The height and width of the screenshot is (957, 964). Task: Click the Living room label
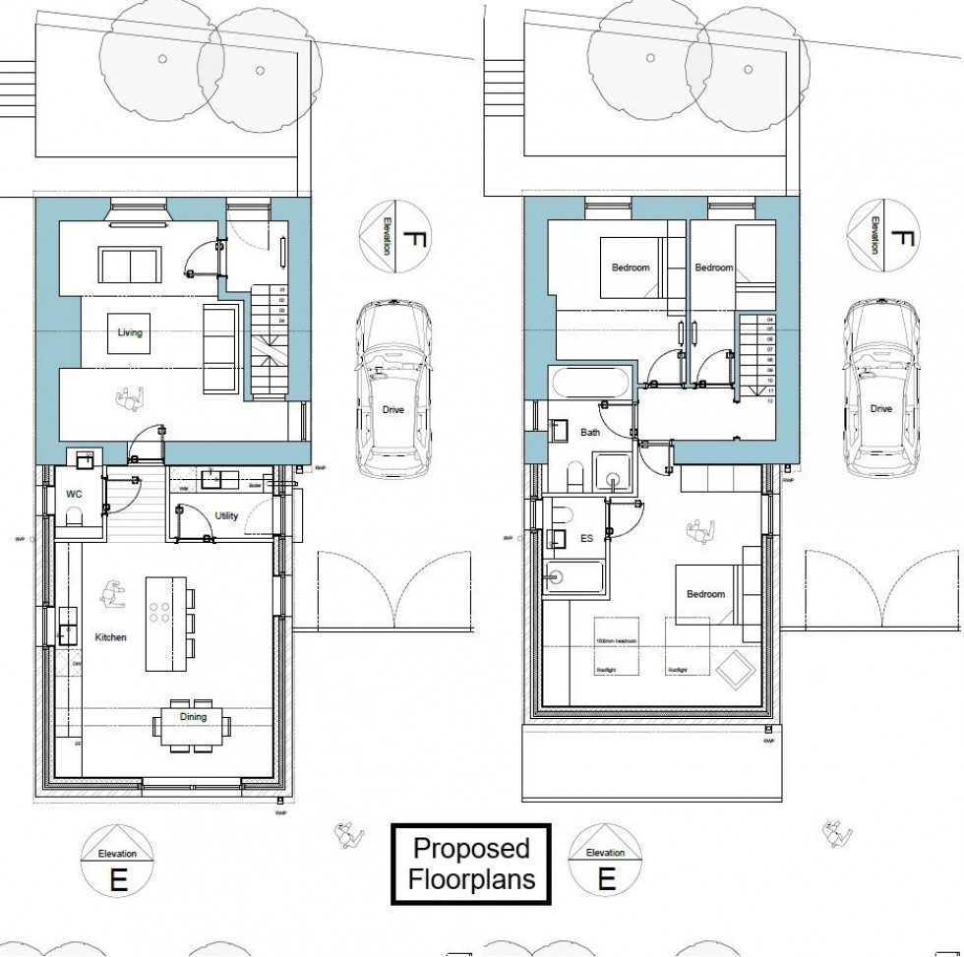(x=130, y=332)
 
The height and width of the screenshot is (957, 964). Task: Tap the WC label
(x=74, y=492)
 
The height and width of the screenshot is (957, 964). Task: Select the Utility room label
(x=225, y=516)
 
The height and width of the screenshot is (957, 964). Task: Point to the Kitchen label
(x=110, y=638)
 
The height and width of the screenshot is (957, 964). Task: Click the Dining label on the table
(x=194, y=717)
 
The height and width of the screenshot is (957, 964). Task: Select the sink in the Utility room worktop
(x=211, y=480)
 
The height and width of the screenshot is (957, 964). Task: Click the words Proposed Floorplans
(x=471, y=863)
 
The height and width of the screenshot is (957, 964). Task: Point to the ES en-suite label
(x=586, y=539)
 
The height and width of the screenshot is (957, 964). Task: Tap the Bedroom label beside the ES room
(x=705, y=595)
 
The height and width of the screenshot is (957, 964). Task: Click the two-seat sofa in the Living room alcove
(x=130, y=265)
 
